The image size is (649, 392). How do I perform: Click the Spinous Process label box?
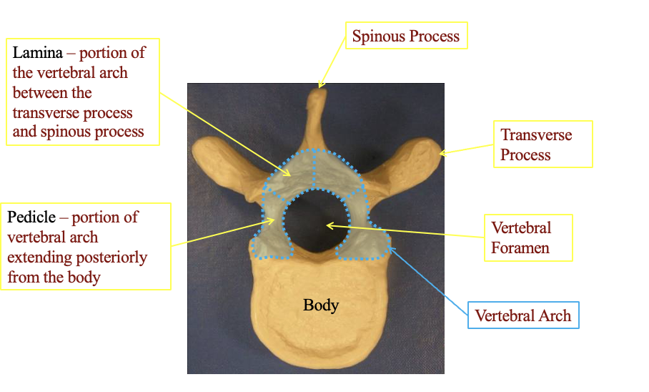coord(407,36)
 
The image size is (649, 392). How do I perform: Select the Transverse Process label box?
coord(543,144)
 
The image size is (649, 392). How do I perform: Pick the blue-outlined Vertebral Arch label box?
coord(522,315)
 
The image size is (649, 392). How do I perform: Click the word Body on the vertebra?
coord(321,305)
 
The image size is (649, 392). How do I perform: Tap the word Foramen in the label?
coord(520,248)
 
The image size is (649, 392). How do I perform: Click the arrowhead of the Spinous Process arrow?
coord(321,86)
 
